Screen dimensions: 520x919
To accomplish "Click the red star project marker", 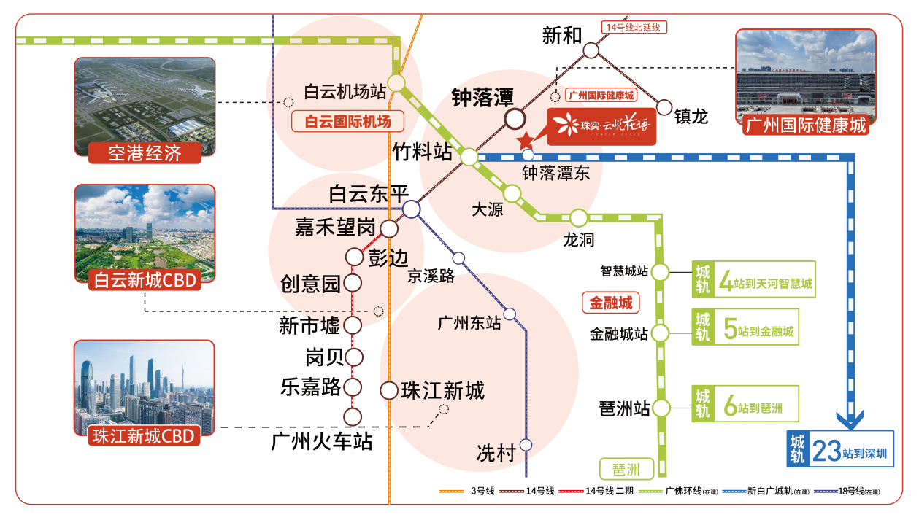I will (525, 141).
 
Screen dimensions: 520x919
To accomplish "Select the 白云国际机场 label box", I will (347, 121).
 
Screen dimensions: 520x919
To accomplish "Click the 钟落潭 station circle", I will (515, 118).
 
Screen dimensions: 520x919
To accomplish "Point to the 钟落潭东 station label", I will (551, 173).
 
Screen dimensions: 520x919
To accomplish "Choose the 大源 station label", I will (487, 209).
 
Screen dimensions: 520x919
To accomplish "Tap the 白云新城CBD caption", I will (145, 280).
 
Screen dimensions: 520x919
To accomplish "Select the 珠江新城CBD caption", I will (145, 435).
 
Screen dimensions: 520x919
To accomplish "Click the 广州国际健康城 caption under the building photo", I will (805, 125).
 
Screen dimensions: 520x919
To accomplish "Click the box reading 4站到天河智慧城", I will (753, 279).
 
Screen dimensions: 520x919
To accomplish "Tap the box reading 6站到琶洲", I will (745, 403).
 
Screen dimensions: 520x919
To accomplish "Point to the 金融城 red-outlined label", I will (610, 302).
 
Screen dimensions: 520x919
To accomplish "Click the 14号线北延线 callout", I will (634, 28).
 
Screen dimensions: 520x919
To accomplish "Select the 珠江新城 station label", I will (442, 391).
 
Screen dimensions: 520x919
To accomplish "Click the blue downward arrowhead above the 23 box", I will (850, 421).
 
